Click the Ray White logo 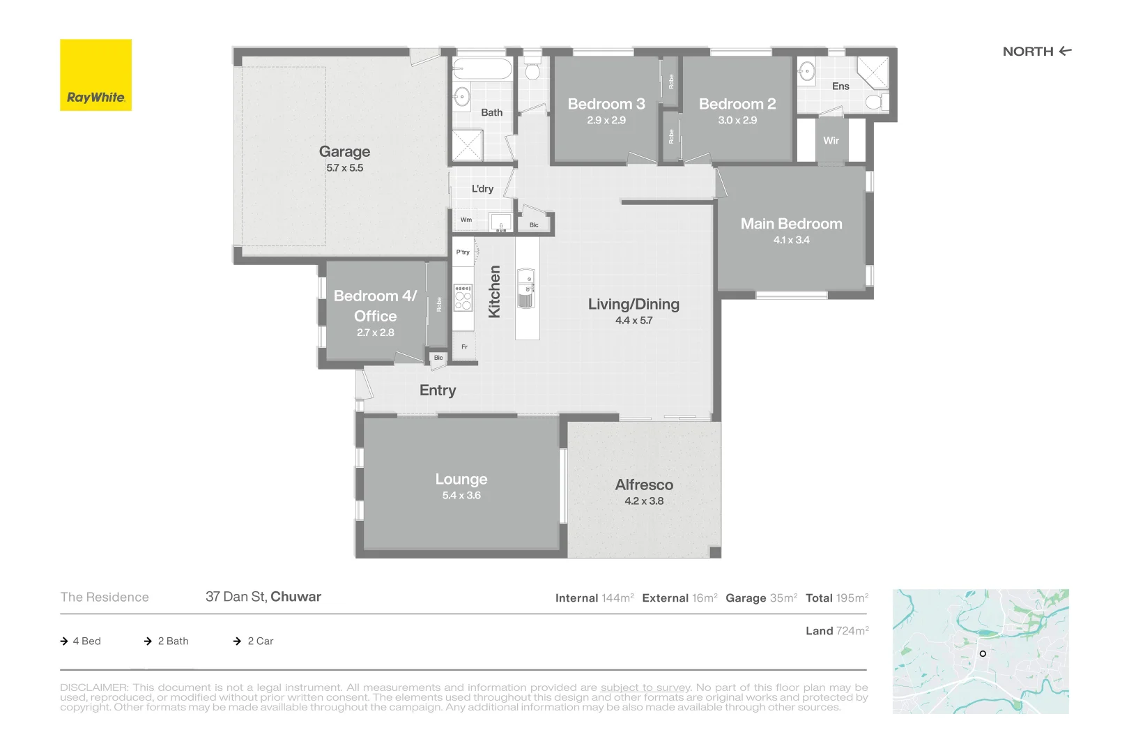point(95,75)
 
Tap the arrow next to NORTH point(1065,51)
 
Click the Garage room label point(345,151)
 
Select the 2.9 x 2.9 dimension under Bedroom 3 point(606,120)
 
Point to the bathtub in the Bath point(482,68)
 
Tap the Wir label point(831,141)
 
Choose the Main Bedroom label point(791,223)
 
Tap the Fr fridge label point(464,347)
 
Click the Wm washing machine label point(466,220)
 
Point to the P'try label point(463,252)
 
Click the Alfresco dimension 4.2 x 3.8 point(644,501)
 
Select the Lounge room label point(461,479)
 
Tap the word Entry point(438,390)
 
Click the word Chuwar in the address point(296,597)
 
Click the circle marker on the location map point(983,653)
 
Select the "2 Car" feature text point(261,641)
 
